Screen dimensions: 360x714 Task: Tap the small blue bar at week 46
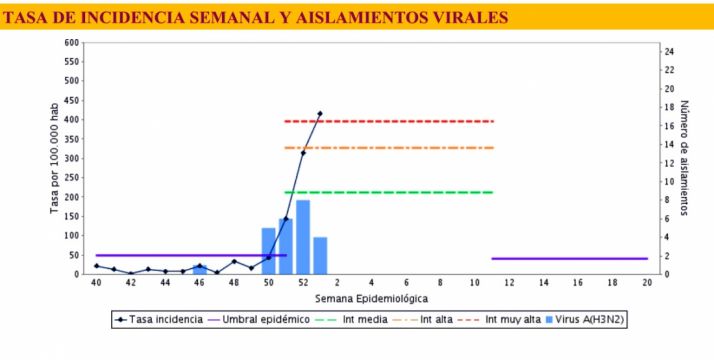pos(200,269)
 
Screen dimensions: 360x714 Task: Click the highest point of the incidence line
pos(320,114)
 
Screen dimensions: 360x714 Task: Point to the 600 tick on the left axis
pos(71,43)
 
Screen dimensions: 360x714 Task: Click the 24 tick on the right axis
pos(670,52)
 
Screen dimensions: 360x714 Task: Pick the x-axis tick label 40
pos(96,284)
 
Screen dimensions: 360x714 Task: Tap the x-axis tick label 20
pos(647,284)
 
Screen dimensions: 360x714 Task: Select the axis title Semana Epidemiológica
pos(372,298)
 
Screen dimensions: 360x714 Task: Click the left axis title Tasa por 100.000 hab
pos(56,159)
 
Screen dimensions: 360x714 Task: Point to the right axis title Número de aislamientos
pos(685,158)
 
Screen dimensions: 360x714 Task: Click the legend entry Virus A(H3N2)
pos(590,320)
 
